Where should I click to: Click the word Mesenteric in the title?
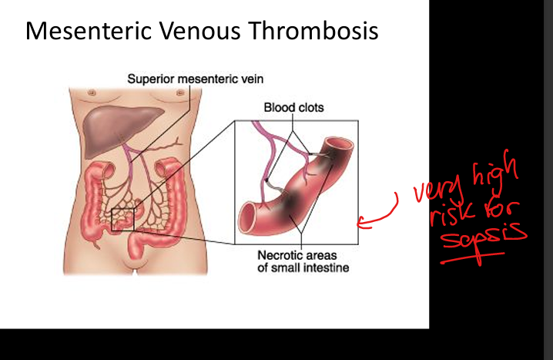pos(89,31)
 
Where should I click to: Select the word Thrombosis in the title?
pos(313,31)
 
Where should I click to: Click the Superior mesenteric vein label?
pos(196,79)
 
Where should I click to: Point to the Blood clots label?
pos(293,108)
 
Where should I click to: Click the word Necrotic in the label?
pos(279,255)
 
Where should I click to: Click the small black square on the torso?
pos(122,220)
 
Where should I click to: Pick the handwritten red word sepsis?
pos(484,237)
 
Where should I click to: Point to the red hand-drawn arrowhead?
pos(360,223)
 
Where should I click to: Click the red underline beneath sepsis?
pos(473,257)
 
